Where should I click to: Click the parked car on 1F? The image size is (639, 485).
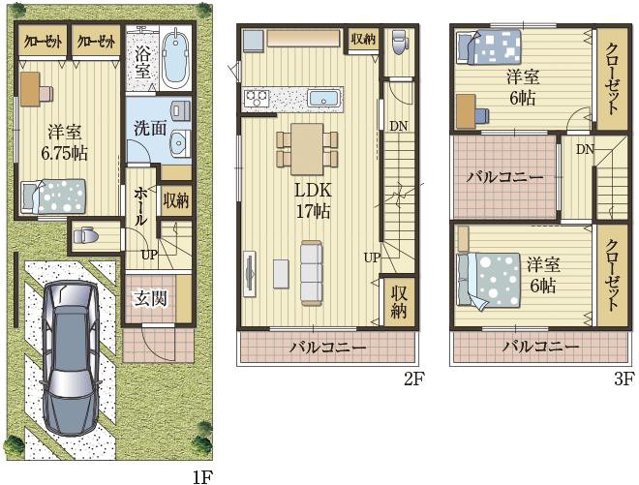71,357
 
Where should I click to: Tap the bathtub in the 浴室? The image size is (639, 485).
175,60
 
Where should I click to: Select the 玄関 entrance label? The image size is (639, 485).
151,299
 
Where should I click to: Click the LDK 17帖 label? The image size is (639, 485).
313,200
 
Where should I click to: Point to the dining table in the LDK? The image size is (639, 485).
307,149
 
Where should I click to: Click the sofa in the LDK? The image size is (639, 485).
312,273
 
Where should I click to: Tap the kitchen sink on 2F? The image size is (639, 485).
323,99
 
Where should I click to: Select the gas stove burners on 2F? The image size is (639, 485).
257,98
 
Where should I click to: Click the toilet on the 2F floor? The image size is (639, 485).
398,42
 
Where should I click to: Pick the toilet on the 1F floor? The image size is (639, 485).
84,235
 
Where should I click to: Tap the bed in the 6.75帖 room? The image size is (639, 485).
53,197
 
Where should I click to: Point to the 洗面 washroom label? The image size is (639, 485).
150,129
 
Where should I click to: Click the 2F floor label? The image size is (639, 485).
414,379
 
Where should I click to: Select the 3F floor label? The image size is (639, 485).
624,379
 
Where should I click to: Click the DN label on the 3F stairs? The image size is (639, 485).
585,150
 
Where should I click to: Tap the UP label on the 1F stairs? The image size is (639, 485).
149,256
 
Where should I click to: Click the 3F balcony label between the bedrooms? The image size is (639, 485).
505,178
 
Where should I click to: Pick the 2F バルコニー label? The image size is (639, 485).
328,348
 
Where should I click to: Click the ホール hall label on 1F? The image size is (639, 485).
139,206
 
